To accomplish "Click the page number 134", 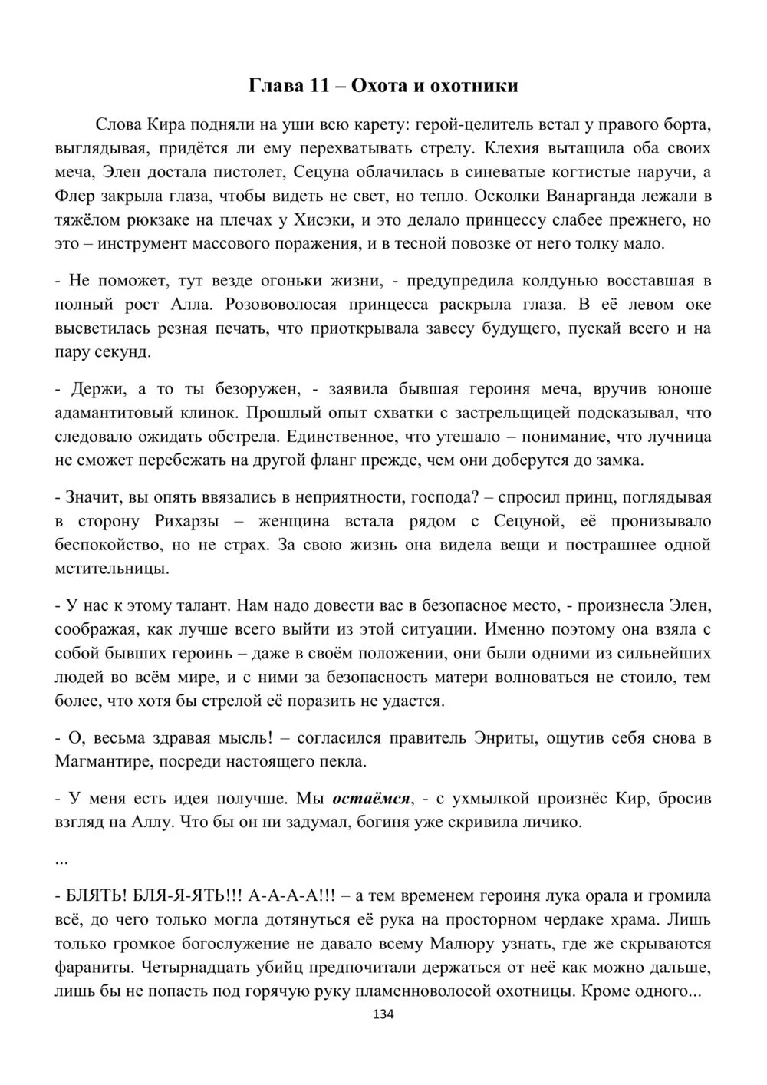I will click(x=383, y=1014).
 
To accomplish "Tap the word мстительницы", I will click(x=112, y=569).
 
